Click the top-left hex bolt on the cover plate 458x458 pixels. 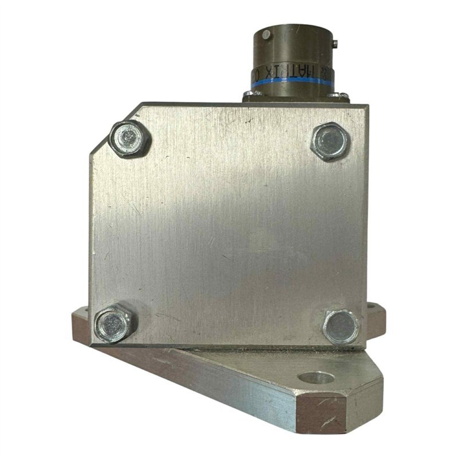click(x=129, y=139)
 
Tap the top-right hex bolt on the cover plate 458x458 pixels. click(x=329, y=141)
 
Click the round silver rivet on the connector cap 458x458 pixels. click(x=266, y=35)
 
